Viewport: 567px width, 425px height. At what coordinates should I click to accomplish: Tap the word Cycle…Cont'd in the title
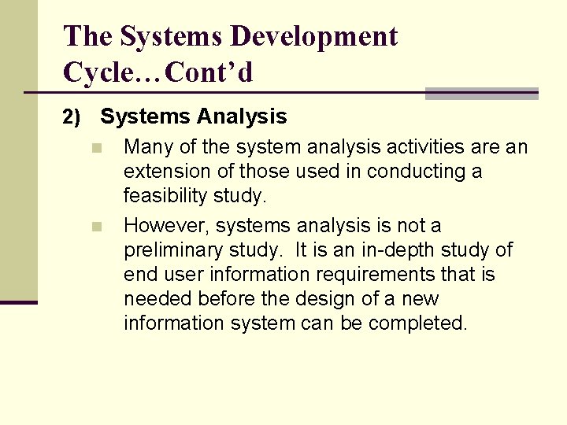pos(157,72)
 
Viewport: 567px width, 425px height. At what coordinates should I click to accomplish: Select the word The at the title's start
pos(88,36)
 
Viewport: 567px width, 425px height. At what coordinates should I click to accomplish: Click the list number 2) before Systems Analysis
pos(72,118)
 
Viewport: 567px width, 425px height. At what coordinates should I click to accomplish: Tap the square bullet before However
pos(97,227)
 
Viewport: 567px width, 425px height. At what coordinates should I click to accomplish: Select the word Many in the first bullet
pos(149,147)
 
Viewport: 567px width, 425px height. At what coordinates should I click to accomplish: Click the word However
pos(165,226)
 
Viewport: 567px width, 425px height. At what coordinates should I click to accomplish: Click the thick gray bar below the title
pos(481,94)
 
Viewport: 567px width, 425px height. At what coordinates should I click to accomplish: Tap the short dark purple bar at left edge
pos(18,302)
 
